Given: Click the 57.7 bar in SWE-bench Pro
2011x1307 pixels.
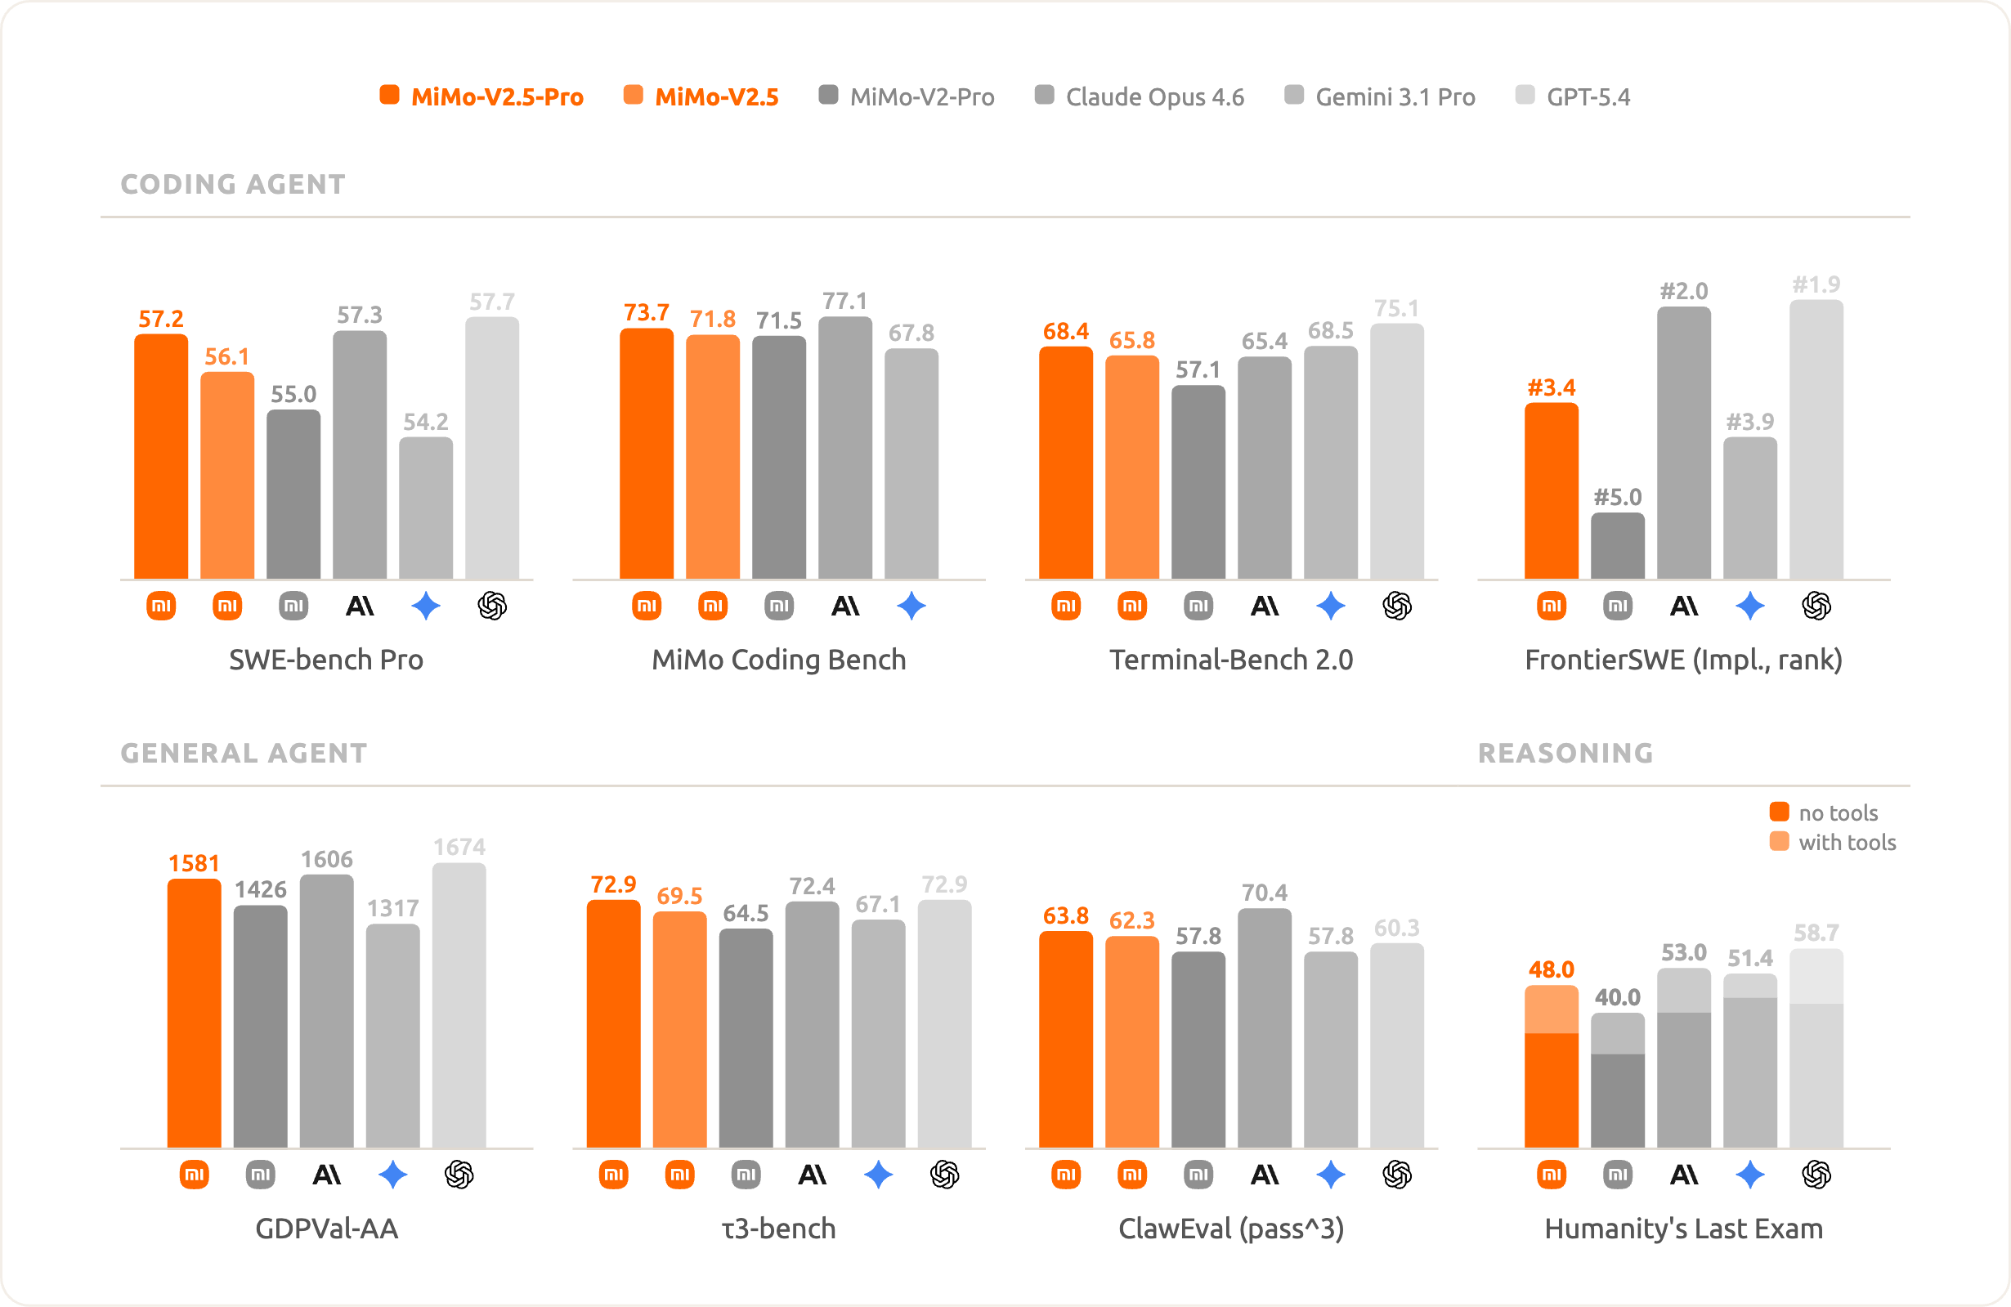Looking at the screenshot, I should click(492, 448).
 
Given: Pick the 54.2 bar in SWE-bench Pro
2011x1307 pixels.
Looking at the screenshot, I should click(426, 508).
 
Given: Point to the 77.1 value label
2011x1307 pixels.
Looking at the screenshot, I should click(845, 301).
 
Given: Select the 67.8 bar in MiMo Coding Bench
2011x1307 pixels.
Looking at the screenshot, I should click(911, 463).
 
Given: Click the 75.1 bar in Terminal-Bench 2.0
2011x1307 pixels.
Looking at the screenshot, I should click(1397, 451).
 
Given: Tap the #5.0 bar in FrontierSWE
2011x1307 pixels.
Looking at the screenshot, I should click(1617, 546).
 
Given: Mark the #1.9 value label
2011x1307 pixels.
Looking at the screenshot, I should click(1816, 284).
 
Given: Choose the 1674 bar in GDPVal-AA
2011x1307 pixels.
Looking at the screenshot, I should click(459, 1005).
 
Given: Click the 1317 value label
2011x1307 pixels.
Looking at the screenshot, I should click(393, 908).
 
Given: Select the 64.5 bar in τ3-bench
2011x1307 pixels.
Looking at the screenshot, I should click(746, 1038).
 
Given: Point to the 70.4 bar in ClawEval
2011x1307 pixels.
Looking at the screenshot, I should click(1264, 1028).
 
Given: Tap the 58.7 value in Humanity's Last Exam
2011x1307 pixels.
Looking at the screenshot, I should click(1816, 933).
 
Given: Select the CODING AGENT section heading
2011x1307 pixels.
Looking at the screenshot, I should click(233, 184).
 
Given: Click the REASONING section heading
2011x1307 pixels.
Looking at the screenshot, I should click(1565, 753).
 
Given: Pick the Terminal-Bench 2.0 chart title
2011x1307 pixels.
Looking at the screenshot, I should click(1231, 660).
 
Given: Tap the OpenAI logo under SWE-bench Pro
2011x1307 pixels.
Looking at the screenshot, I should click(492, 606).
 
